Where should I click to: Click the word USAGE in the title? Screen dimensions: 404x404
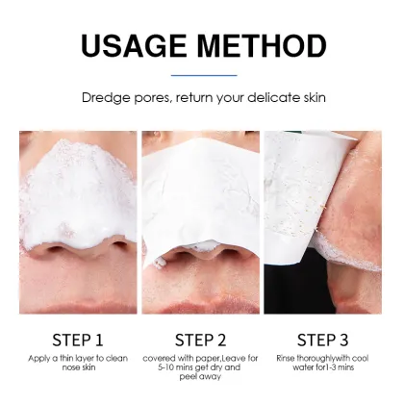coord(136,44)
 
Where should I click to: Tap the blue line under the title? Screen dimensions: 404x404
coord(202,74)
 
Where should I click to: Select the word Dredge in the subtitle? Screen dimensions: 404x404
coord(105,98)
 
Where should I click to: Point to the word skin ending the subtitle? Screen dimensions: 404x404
coord(311,98)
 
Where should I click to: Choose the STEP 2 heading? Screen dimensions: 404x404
coord(202,339)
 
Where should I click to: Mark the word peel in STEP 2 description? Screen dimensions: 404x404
coord(188,379)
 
